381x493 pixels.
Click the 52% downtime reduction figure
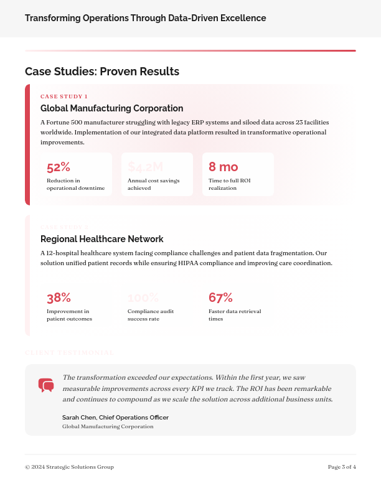tap(59, 167)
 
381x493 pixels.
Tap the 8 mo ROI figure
tap(223, 167)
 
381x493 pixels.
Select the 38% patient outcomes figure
tap(59, 298)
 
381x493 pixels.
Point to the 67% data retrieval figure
tap(220, 298)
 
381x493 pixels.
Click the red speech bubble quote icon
tap(46, 385)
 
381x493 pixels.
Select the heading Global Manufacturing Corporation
tap(112, 108)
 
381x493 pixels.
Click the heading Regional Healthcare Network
tap(102, 239)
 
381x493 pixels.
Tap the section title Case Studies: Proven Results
tap(102, 72)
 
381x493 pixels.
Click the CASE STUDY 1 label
tap(64, 96)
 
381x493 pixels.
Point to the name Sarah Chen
tap(79, 417)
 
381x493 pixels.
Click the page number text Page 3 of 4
tap(342, 467)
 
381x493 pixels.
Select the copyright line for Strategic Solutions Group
tap(69, 467)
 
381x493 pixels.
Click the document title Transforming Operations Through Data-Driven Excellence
tap(146, 18)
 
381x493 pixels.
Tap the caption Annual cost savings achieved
tap(153, 184)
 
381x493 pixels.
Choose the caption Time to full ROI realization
tap(229, 184)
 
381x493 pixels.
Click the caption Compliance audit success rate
tap(151, 315)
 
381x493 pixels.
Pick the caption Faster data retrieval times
tap(235, 315)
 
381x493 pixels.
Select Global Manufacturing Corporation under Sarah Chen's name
tap(108, 426)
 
